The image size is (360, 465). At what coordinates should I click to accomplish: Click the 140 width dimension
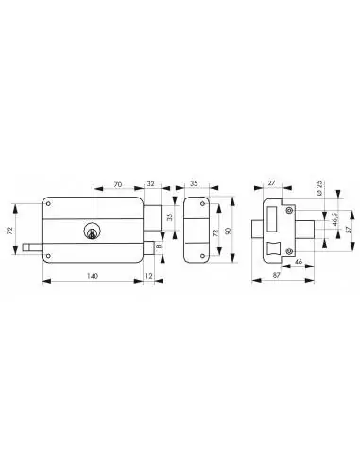[93, 276]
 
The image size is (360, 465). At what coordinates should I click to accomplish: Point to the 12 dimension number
[151, 276]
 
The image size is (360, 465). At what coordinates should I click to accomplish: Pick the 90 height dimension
[226, 230]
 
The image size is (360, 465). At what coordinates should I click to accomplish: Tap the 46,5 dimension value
[317, 221]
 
